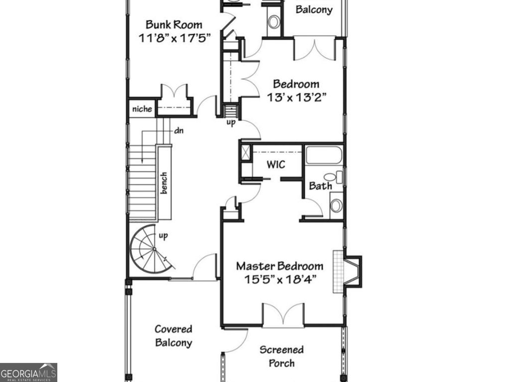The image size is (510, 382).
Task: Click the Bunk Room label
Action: (174, 24)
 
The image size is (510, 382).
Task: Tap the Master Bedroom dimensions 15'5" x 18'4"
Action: (281, 279)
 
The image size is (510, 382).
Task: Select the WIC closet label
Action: (275, 164)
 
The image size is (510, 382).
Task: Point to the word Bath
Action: (320, 186)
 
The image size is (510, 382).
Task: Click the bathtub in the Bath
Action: (324, 156)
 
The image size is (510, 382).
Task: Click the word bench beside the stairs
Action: (164, 183)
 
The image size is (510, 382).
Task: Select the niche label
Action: (142, 109)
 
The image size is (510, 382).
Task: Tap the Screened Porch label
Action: (281, 356)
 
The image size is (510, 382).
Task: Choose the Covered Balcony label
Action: (173, 336)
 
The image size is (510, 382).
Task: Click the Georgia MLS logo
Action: (28, 372)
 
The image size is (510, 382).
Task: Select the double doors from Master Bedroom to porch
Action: (283, 316)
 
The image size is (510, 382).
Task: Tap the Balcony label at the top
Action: (314, 9)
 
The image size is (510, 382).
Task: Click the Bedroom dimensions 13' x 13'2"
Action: (296, 97)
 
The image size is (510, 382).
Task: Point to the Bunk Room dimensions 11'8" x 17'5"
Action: (174, 37)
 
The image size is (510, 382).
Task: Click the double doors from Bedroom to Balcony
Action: (313, 48)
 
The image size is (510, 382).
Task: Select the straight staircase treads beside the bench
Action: (142, 184)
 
